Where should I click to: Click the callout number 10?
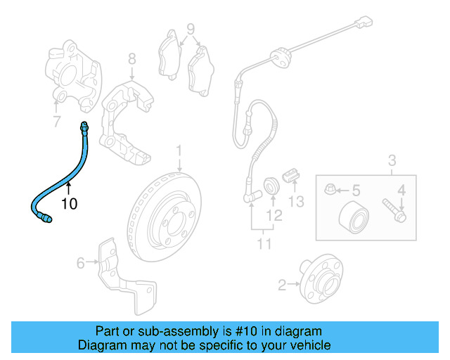69,204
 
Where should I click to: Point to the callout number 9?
190,30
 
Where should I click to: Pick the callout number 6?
80,263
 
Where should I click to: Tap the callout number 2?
282,285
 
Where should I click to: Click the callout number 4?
402,189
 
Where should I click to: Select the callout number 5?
356,190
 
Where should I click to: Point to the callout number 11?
264,244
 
